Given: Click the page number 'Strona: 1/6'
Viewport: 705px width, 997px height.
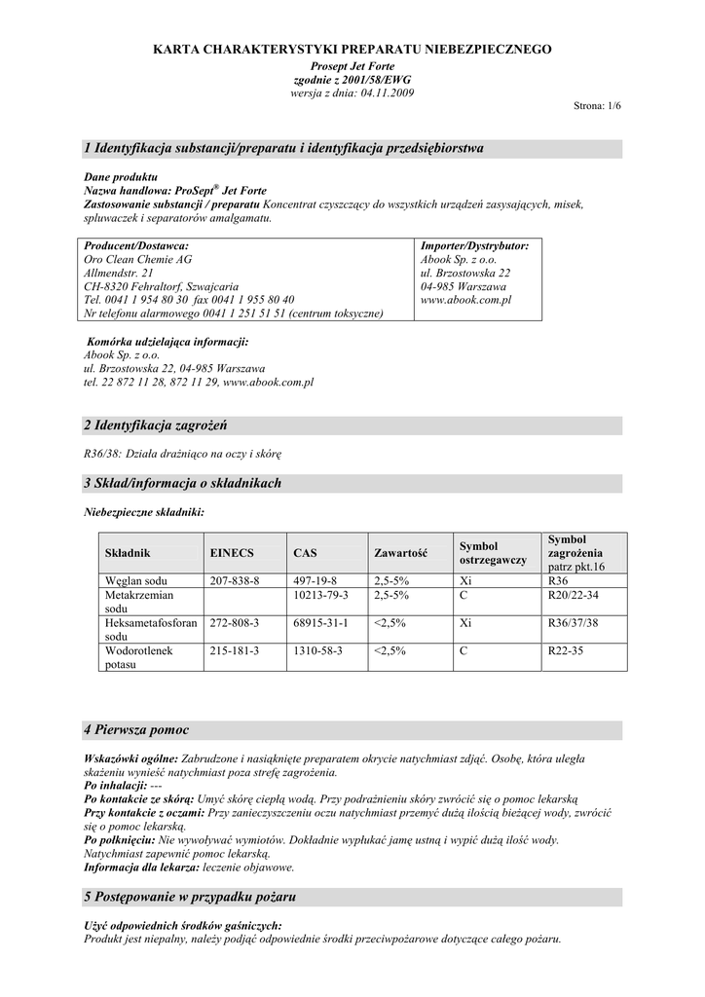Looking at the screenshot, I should pyautogui.click(x=596, y=105).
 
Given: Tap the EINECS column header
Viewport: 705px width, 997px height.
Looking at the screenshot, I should pyautogui.click(x=232, y=553).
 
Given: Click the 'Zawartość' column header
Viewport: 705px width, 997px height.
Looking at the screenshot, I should pyautogui.click(x=401, y=553).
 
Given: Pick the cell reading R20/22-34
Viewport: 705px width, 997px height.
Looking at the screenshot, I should pyautogui.click(x=574, y=594).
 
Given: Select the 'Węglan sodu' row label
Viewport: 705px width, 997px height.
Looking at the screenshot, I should pyautogui.click(x=138, y=580).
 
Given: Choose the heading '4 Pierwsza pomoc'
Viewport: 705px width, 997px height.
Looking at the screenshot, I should pyautogui.click(x=136, y=729).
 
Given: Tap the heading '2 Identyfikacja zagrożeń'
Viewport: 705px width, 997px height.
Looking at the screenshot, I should pyautogui.click(x=161, y=425).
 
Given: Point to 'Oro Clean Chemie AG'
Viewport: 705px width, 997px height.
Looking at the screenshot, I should pyautogui.click(x=138, y=260).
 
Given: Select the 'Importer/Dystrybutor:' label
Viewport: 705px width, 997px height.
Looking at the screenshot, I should pyautogui.click(x=474, y=246).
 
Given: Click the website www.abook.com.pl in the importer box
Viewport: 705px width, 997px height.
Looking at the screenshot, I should pyautogui.click(x=465, y=301).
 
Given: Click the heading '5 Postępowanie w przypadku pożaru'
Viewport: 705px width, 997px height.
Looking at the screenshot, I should pyautogui.click(x=190, y=896).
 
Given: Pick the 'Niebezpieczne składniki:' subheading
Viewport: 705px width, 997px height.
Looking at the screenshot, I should pyautogui.click(x=144, y=511).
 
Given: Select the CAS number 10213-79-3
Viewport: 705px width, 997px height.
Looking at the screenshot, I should pyautogui.click(x=321, y=594).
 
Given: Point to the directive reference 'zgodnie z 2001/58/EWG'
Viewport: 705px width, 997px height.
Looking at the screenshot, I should pyautogui.click(x=352, y=79).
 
